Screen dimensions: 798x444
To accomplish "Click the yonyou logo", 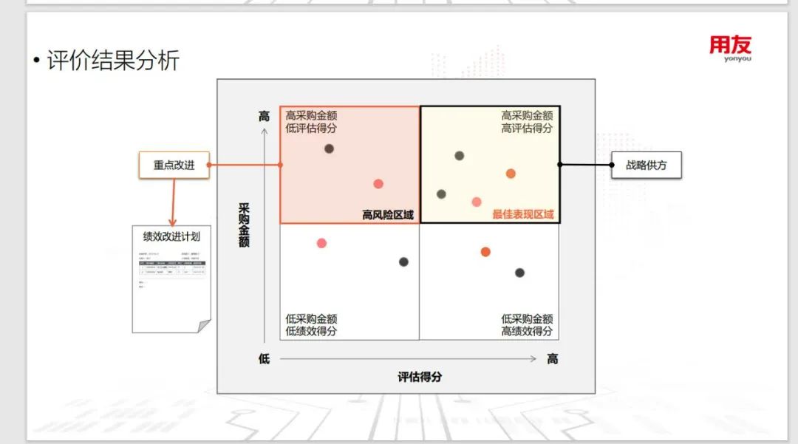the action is click(730, 49).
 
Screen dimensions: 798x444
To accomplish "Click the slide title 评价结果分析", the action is click(112, 60).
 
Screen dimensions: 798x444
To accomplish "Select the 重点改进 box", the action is click(174, 165).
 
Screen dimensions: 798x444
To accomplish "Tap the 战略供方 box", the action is click(646, 165).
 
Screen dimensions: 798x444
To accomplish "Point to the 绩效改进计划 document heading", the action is click(171, 237).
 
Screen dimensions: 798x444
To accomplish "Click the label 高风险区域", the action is click(388, 215).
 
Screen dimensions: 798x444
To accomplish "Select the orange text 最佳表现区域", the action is click(523, 215).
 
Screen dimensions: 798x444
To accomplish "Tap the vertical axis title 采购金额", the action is click(244, 225).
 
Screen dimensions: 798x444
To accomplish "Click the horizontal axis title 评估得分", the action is click(420, 376).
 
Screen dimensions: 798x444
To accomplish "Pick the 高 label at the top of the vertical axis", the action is click(264, 116).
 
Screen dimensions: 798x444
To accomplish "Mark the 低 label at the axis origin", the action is click(264, 359).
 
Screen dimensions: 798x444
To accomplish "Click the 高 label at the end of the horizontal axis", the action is click(552, 359).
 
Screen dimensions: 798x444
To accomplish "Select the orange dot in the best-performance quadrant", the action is click(511, 174).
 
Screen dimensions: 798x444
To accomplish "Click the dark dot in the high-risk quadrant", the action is click(329, 148).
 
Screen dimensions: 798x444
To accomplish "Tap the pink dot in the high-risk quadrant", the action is click(378, 184).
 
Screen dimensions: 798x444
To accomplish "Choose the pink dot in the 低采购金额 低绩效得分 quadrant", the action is click(321, 243).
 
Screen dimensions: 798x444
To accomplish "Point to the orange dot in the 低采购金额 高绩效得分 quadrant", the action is click(485, 252).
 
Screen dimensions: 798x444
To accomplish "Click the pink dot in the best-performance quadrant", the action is click(477, 202).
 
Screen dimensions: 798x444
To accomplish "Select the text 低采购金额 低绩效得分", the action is click(311, 325).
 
